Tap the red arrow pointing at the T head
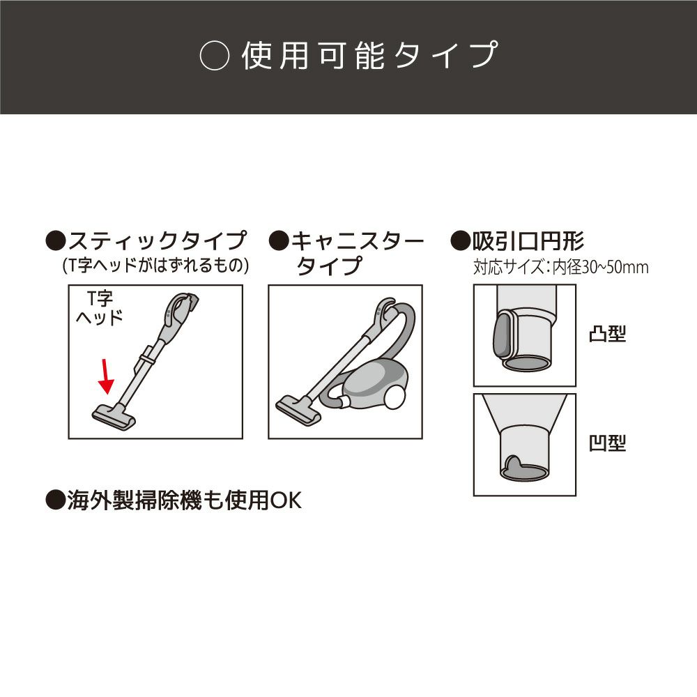(x=106, y=376)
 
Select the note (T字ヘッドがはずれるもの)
(x=155, y=266)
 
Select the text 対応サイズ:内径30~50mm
(x=560, y=267)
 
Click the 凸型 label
(x=606, y=335)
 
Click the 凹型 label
(x=606, y=443)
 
